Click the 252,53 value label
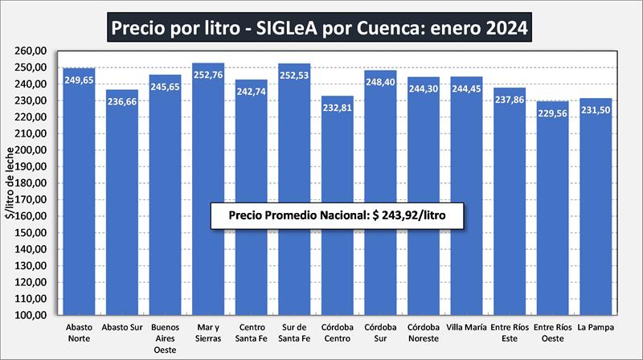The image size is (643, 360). (x=294, y=77)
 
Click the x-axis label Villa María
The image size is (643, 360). (x=466, y=327)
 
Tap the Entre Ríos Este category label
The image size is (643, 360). (x=510, y=333)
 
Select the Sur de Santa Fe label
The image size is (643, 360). (x=294, y=333)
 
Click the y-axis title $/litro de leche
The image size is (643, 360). (x=10, y=183)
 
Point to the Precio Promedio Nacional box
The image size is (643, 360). (x=338, y=215)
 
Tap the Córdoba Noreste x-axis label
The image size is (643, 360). (x=424, y=333)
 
